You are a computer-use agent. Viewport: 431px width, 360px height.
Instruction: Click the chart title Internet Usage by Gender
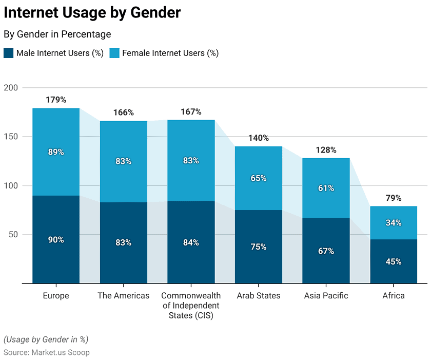(92, 12)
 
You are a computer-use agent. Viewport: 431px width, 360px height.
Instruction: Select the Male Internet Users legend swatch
(8, 53)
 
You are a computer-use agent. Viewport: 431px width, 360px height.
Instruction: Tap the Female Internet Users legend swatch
(114, 53)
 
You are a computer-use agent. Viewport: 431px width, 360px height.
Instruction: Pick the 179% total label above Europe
(56, 100)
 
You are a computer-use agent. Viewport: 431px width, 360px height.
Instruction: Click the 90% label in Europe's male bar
(56, 240)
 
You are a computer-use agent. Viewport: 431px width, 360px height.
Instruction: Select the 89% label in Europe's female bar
(56, 152)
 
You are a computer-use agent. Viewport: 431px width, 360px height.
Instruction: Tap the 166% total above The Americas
(124, 112)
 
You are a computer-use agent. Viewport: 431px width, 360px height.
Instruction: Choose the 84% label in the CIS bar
(191, 242)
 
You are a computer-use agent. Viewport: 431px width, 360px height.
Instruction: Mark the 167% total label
(191, 111)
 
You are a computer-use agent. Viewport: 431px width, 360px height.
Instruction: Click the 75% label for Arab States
(259, 247)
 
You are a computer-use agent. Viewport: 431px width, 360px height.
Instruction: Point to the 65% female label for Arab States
(259, 178)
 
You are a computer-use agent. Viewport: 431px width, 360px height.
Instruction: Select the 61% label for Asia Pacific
(326, 188)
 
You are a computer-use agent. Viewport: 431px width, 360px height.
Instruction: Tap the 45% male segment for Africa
(394, 261)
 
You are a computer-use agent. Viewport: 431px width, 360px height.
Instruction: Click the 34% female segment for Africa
(394, 223)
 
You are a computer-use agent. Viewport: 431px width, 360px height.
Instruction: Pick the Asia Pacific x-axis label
(326, 296)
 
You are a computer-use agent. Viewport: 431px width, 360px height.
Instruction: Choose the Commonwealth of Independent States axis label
(191, 306)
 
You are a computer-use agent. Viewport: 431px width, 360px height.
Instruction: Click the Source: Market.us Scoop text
(47, 352)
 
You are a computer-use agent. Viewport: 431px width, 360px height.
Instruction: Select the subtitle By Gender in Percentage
(57, 34)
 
